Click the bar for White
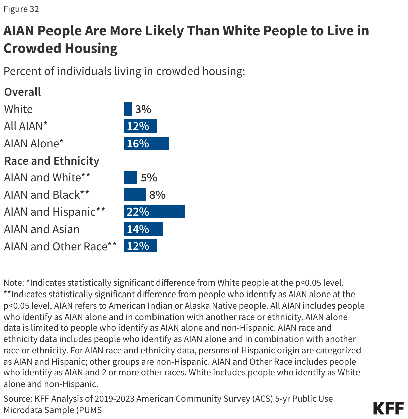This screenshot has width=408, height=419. click(x=128, y=109)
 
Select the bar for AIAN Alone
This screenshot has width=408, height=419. click(x=146, y=143)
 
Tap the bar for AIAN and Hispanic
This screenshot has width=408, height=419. click(x=155, y=212)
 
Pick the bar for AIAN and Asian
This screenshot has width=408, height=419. click(x=143, y=229)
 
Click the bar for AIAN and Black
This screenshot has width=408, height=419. click(x=135, y=195)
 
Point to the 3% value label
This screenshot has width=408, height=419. click(x=143, y=109)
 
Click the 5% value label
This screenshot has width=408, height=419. click(x=149, y=178)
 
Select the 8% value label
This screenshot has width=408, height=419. click(x=158, y=195)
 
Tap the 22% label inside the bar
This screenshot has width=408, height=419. click(x=138, y=212)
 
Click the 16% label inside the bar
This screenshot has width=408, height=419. click(x=138, y=144)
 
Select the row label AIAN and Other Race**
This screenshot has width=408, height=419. click(x=61, y=246)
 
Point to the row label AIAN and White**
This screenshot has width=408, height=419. click(x=47, y=178)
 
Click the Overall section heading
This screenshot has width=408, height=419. click(x=23, y=92)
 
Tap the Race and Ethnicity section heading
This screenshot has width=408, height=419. click(x=52, y=161)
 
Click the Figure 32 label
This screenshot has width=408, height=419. click(x=21, y=9)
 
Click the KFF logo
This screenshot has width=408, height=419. click(x=388, y=409)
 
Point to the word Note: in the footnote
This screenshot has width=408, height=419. click(x=14, y=283)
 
